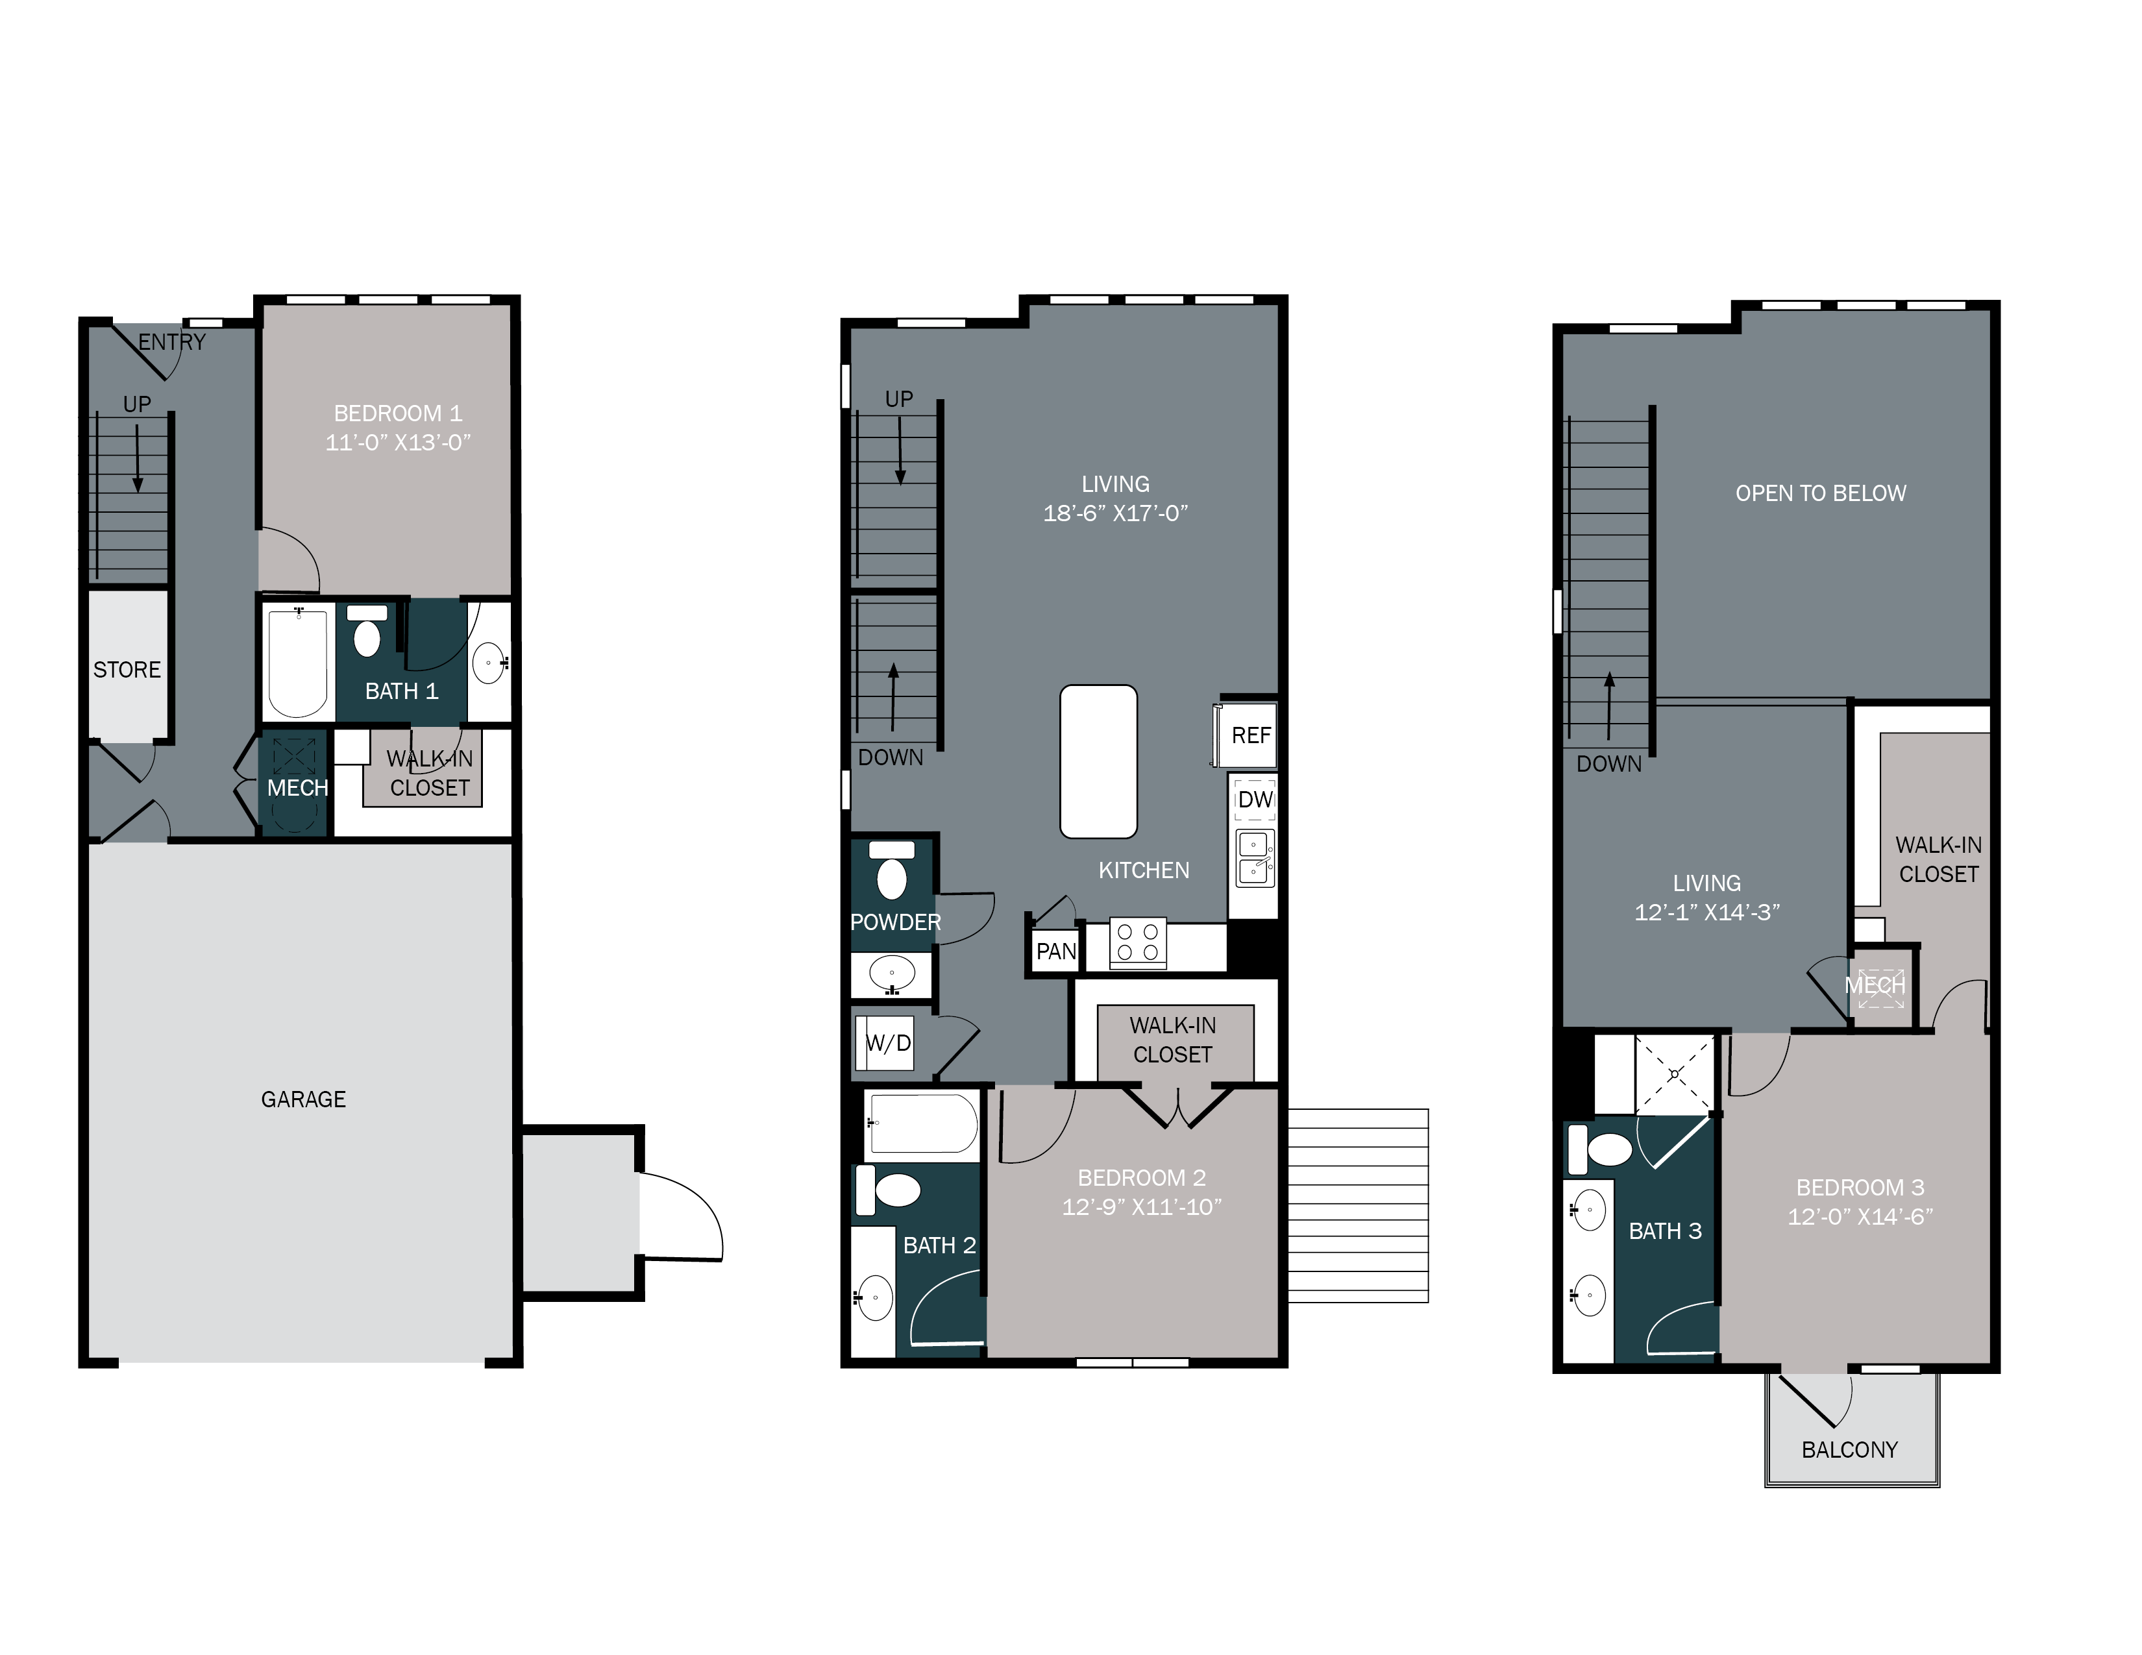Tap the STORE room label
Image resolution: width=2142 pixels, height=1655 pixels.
click(x=127, y=670)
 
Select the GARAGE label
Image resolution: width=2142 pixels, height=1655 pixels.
click(x=303, y=1099)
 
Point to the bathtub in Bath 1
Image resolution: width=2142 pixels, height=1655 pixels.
click(x=297, y=662)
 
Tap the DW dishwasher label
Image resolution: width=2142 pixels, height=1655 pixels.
click(x=1255, y=799)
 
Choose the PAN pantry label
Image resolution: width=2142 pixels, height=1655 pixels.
click(x=1055, y=951)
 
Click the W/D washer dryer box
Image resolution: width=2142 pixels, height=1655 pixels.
click(x=887, y=1043)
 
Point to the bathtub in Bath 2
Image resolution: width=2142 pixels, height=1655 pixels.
click(x=922, y=1123)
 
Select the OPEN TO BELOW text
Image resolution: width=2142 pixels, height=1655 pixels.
click(x=1820, y=493)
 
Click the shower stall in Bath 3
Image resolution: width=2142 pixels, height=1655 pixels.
click(x=1674, y=1075)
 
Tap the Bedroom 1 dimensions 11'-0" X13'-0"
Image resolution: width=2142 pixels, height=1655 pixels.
click(x=397, y=442)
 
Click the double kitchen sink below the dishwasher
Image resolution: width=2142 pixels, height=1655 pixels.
click(x=1255, y=858)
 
